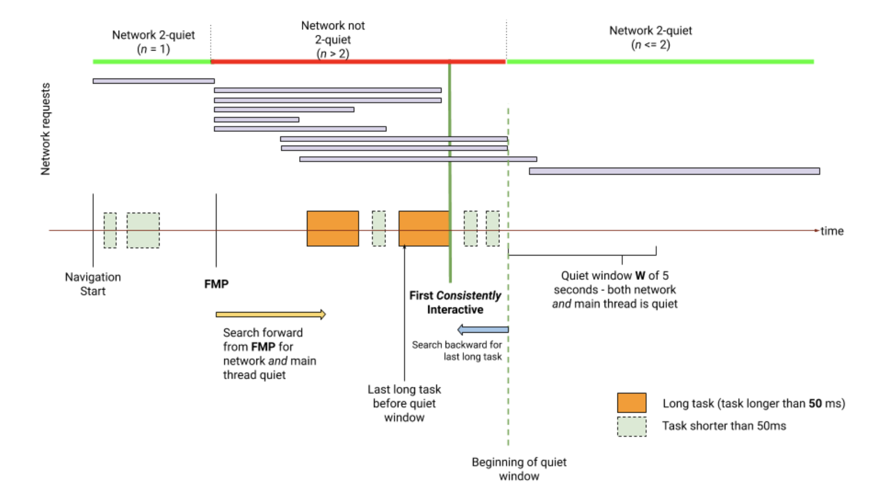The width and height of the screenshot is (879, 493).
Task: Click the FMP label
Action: (216, 284)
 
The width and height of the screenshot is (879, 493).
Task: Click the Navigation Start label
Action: (93, 284)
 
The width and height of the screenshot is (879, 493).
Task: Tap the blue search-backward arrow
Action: (483, 330)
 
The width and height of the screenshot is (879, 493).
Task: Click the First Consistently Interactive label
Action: (455, 302)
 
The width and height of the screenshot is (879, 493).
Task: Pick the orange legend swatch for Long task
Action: (632, 403)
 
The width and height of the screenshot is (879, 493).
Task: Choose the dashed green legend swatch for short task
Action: (632, 427)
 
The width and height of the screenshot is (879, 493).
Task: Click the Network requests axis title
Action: (45, 129)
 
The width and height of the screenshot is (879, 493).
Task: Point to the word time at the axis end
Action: (832, 231)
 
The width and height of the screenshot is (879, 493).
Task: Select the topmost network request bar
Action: (153, 81)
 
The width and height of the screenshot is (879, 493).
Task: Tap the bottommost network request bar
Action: (674, 171)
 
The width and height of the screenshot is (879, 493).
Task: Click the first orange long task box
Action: (332, 229)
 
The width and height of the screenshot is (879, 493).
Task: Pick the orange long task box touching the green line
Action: (423, 229)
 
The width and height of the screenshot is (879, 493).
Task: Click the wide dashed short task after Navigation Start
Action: (143, 230)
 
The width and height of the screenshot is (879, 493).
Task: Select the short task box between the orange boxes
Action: (378, 229)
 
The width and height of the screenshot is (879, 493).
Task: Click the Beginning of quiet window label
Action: (519, 469)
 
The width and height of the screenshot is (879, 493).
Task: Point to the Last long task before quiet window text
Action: (404, 403)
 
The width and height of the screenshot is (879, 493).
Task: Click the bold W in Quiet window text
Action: (640, 276)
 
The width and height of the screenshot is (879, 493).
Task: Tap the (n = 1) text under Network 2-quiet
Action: (153, 49)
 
